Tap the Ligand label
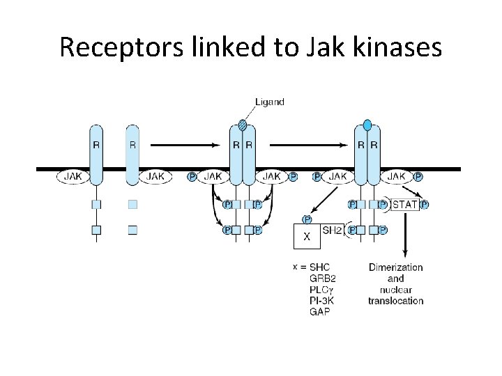(x=269, y=102)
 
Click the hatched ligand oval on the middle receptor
(x=243, y=125)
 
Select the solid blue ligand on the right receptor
(x=367, y=125)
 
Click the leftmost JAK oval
(x=73, y=177)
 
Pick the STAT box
(x=406, y=205)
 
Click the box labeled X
(x=307, y=237)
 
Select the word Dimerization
(x=395, y=267)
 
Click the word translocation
(x=395, y=301)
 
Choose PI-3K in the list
(x=323, y=301)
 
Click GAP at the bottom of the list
(x=319, y=312)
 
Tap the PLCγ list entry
(x=322, y=290)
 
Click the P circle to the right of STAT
(x=425, y=205)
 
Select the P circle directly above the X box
(x=307, y=219)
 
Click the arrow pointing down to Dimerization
(x=405, y=237)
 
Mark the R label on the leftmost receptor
(x=96, y=146)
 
